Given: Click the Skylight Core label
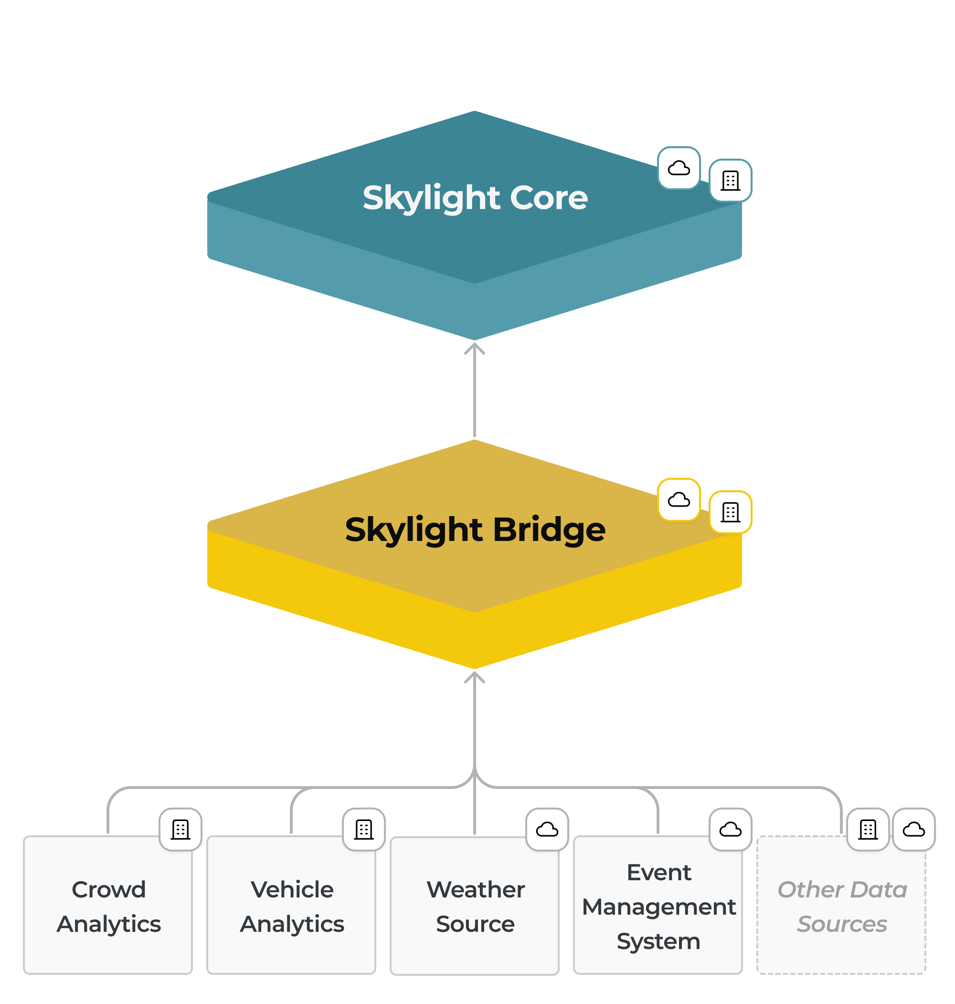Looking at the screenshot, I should pos(475,198).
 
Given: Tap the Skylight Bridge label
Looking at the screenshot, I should pos(475,530).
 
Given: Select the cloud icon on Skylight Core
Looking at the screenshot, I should pos(679,168).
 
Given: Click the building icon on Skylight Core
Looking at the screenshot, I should pos(731,180).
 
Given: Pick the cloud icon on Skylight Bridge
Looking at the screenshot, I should pos(679,500).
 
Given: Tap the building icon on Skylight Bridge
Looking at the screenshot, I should pos(731,512).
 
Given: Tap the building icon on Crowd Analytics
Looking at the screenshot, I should pos(180,829).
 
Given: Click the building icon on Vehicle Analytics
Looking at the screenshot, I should pos(364,829).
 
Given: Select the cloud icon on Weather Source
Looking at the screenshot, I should pos(547,829).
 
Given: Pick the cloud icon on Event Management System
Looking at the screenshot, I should pos(731,829).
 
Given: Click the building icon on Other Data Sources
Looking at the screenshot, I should pos(868,829).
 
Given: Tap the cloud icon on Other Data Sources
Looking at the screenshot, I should pos(914,829).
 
